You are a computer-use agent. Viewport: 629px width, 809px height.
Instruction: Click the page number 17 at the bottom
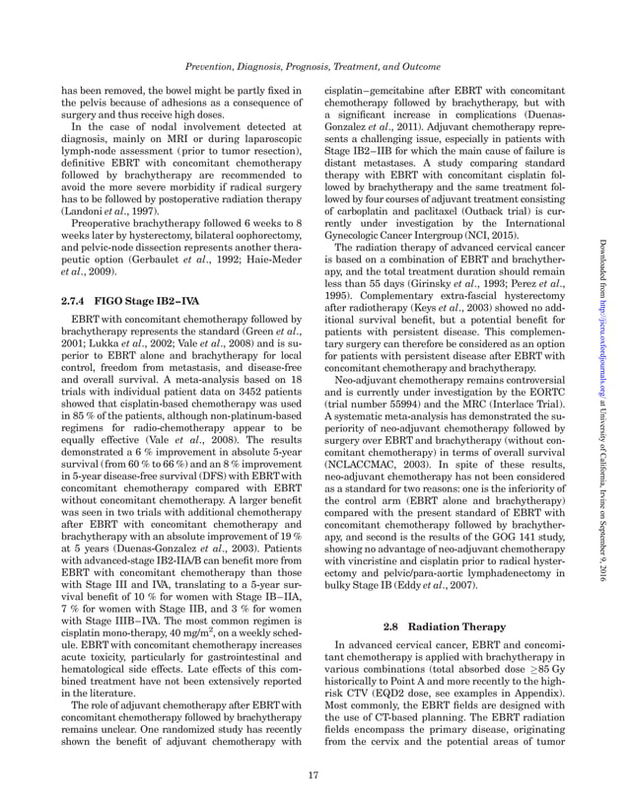(x=314, y=773)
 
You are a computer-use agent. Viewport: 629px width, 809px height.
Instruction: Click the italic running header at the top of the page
(x=314, y=66)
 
